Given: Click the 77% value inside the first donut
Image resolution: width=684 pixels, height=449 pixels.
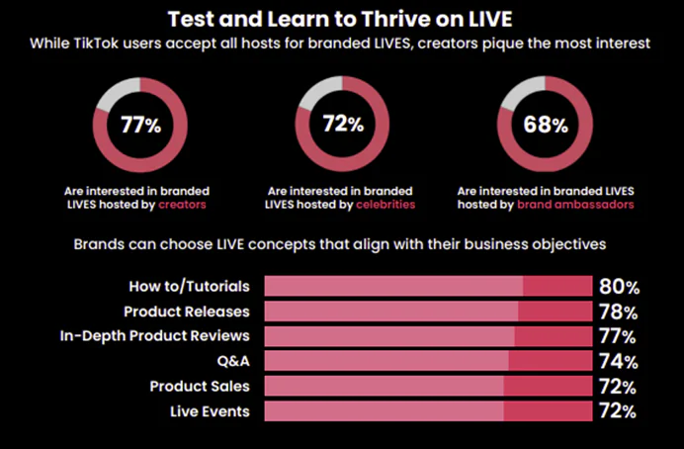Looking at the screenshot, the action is click(x=141, y=125).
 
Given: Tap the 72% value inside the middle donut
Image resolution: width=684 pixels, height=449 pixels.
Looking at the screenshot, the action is click(x=343, y=124).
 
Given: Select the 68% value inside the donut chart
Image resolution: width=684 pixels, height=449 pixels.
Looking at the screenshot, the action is click(x=546, y=125).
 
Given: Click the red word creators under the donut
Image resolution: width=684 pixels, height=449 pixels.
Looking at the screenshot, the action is click(x=182, y=205).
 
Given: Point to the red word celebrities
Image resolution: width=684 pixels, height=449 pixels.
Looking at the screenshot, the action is click(x=385, y=205).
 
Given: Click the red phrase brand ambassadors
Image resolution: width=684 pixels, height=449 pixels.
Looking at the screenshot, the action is click(x=575, y=205).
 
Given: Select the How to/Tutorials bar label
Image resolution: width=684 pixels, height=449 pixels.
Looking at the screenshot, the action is click(x=190, y=286).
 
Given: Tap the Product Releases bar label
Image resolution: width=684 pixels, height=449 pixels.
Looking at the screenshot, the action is click(x=187, y=312).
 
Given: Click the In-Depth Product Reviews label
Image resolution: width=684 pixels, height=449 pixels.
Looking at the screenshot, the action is click(x=155, y=336).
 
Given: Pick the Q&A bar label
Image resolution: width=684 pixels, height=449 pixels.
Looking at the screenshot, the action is click(x=233, y=361).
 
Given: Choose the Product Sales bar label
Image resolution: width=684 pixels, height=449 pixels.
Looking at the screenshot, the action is click(x=200, y=386).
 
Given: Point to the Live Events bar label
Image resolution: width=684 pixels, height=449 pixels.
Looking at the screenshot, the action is click(x=210, y=411).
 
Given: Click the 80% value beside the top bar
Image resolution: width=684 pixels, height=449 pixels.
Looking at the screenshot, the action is click(x=620, y=287).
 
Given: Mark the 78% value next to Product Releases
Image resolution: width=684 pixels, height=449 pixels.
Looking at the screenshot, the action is click(x=619, y=312).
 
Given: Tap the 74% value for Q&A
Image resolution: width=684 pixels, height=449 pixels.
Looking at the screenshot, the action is click(x=619, y=361).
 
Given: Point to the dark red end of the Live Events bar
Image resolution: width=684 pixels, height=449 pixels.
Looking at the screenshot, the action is click(x=548, y=411).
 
